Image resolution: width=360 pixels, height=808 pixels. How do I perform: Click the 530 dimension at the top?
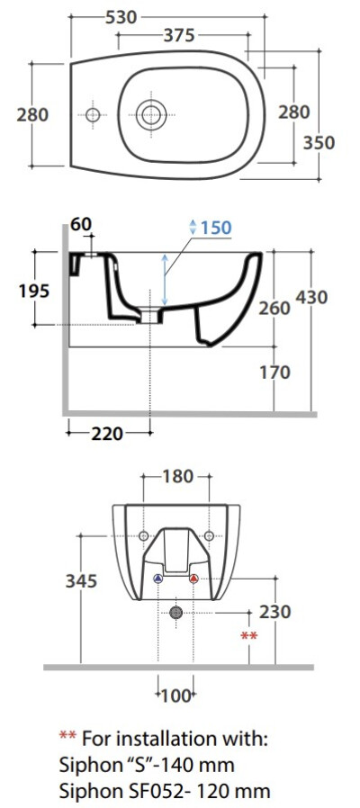[x=121, y=17]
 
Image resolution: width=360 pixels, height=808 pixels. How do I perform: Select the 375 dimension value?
[x=179, y=35]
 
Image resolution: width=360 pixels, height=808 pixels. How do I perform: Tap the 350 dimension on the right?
[x=319, y=143]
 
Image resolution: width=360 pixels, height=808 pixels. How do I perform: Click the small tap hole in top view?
[x=93, y=114]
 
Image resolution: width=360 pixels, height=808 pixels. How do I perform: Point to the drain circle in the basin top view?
[x=151, y=115]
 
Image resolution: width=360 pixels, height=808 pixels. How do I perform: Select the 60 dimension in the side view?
[x=81, y=224]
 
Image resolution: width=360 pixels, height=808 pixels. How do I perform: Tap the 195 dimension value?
[x=34, y=292]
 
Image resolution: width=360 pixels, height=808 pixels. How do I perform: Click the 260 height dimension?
[x=274, y=308]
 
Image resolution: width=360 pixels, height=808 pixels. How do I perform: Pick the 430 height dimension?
[x=312, y=297]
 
